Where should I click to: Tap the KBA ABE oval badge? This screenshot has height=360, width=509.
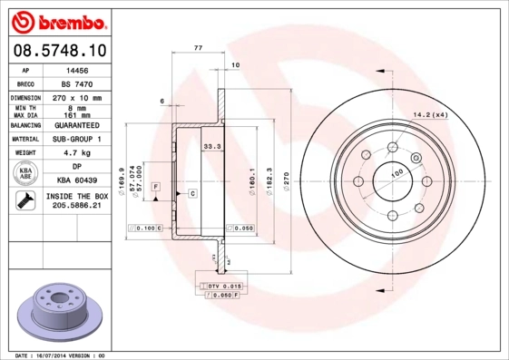click(x=26, y=174)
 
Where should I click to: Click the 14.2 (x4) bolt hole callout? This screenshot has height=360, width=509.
click(x=434, y=114)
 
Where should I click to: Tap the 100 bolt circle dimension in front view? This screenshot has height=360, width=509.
click(x=396, y=171)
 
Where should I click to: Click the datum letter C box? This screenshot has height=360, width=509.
click(x=192, y=194)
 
